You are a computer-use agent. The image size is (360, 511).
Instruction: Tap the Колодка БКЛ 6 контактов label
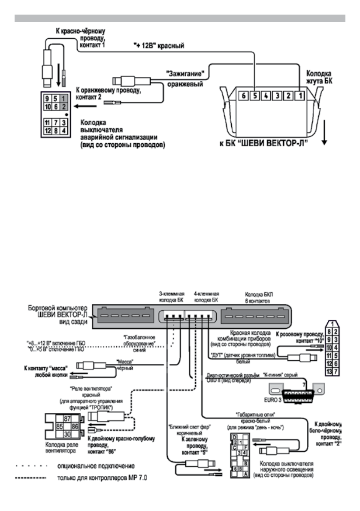click(x=257, y=298)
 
